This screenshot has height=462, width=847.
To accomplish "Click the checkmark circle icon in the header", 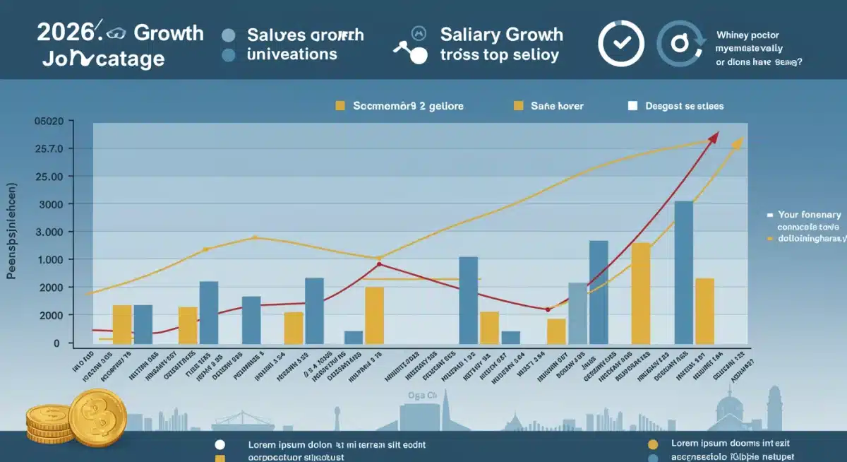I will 621,42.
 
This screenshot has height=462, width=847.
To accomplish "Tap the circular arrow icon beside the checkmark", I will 680,43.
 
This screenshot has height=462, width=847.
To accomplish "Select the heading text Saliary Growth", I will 501,34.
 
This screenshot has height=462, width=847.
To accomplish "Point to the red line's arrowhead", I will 714,136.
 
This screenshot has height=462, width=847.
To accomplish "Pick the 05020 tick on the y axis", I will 49,122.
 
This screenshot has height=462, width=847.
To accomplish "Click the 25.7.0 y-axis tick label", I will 49,149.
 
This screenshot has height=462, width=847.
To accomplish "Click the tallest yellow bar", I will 641,293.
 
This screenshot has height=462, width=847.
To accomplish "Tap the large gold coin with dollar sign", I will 97,417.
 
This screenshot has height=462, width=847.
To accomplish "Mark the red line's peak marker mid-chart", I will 380,264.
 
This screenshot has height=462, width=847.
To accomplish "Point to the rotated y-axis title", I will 12,232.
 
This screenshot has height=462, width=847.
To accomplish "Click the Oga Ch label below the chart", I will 422,396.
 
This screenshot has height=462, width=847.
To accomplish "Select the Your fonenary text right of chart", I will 809,214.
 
